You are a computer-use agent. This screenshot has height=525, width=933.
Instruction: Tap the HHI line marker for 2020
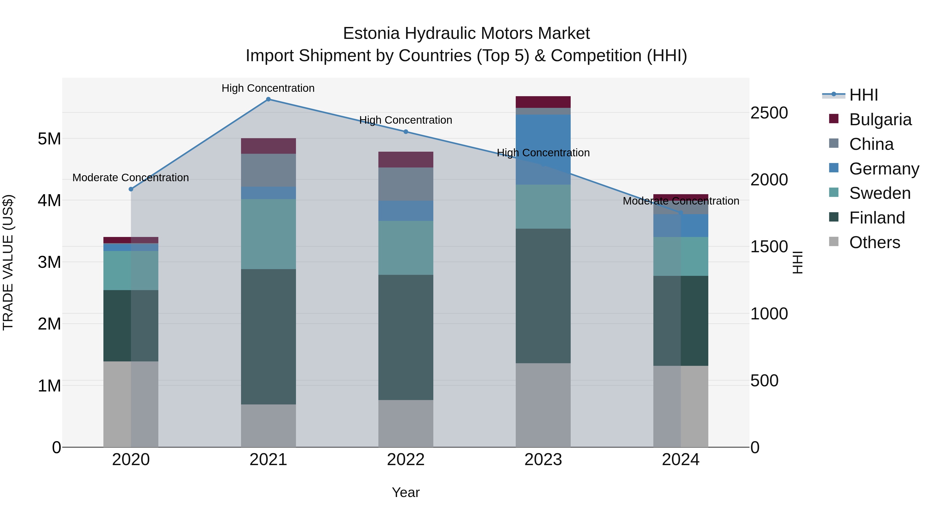click(131, 189)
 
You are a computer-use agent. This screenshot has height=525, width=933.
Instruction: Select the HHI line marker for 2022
click(406, 132)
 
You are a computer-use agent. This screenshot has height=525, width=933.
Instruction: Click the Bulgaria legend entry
click(880, 120)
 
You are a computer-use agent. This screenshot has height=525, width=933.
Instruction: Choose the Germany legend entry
click(884, 169)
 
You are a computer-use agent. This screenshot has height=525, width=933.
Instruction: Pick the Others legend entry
click(874, 242)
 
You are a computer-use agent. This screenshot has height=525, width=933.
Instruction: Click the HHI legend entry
click(864, 95)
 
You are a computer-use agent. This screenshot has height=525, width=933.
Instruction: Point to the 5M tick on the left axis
click(49, 139)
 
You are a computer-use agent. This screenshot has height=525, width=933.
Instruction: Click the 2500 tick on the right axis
click(769, 113)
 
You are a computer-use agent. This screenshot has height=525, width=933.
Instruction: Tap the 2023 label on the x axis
click(543, 460)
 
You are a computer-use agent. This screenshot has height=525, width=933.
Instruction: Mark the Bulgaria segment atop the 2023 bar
click(543, 102)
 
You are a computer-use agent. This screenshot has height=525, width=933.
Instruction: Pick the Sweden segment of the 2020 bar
click(131, 270)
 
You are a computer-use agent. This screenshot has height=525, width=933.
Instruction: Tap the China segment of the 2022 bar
click(406, 184)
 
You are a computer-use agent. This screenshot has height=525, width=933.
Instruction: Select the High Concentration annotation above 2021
click(268, 88)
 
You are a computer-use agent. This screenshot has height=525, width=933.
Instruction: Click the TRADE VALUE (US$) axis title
click(8, 262)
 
